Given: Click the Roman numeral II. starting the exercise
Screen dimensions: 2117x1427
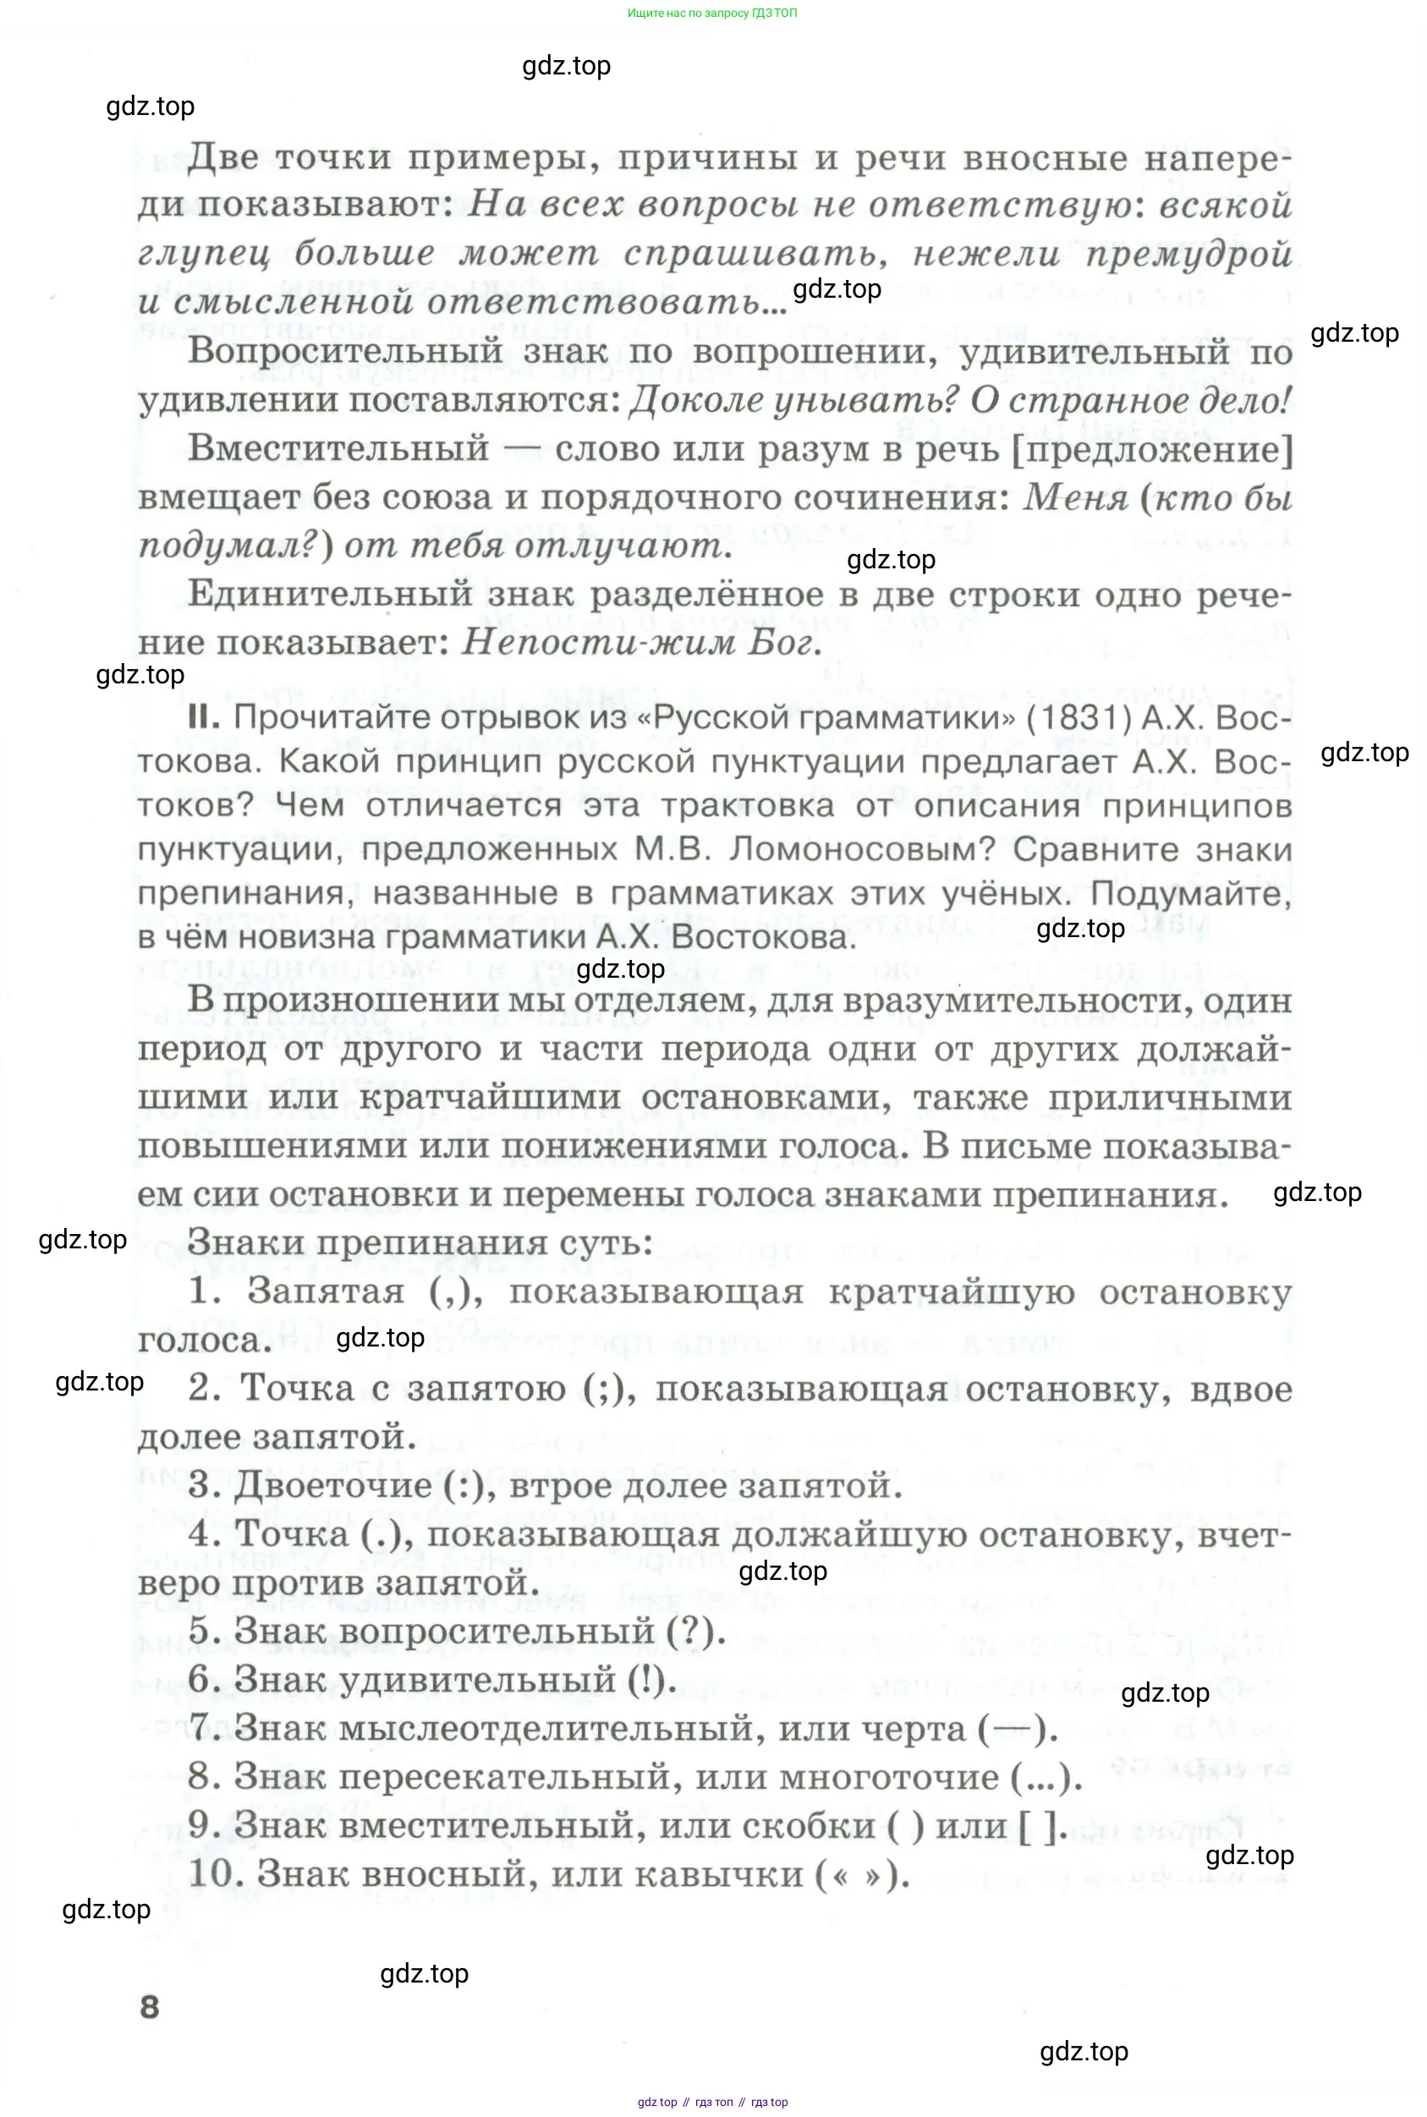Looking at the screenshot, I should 204,717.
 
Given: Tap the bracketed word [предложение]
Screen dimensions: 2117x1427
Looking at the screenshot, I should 1152,449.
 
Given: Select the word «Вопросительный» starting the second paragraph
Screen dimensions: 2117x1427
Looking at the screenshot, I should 345,351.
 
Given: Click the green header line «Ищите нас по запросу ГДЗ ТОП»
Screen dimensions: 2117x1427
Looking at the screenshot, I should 711,13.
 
